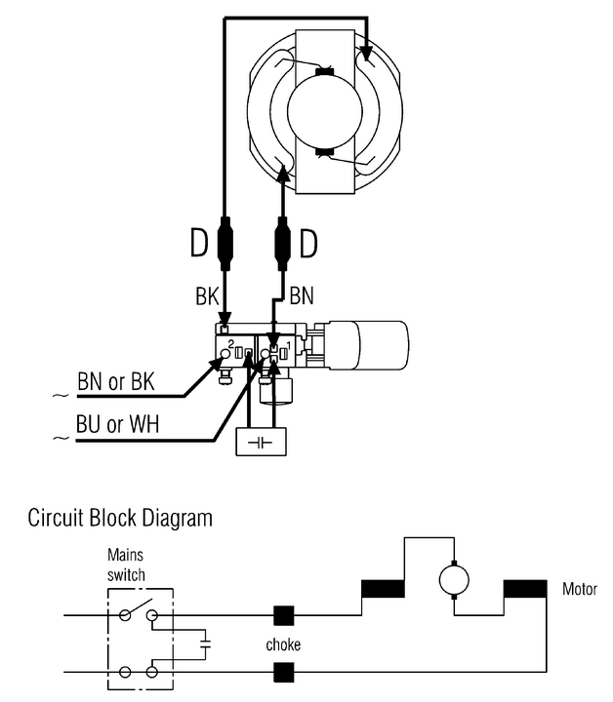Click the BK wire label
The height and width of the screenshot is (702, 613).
[206, 295]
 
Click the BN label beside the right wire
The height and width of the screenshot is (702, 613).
[302, 295]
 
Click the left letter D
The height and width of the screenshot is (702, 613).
[199, 243]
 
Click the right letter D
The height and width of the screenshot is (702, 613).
[308, 243]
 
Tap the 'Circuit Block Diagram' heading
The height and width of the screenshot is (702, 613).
[120, 517]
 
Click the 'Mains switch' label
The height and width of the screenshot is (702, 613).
[126, 565]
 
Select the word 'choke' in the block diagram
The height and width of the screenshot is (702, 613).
[283, 644]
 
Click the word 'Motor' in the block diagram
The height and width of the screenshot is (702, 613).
[580, 589]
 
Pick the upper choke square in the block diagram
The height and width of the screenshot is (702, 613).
[283, 615]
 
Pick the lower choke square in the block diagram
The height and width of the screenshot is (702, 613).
[283, 671]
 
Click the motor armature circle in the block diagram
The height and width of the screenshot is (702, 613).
[454, 580]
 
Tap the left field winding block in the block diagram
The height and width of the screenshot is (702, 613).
[383, 589]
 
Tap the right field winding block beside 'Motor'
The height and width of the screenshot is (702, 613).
[525, 589]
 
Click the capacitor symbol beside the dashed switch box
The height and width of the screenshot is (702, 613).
[206, 643]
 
